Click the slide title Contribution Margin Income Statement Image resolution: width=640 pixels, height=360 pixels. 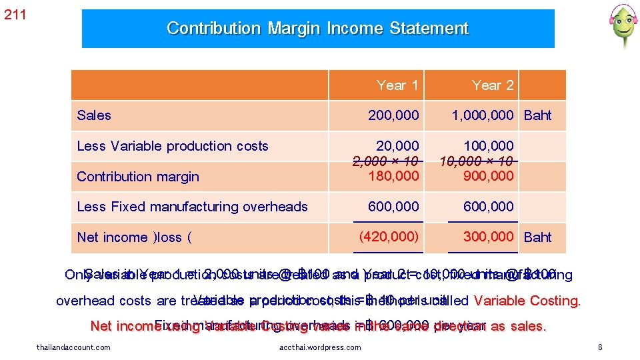click(x=317, y=29)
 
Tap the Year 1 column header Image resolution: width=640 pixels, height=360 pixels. click(x=397, y=85)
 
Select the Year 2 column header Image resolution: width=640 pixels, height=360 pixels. click(x=493, y=85)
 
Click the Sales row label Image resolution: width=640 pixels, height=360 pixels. click(x=94, y=115)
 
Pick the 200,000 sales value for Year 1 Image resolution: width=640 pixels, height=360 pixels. click(x=394, y=115)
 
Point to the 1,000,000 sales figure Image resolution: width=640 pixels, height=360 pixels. click(x=482, y=115)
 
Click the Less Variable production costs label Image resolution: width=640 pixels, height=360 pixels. click(x=172, y=146)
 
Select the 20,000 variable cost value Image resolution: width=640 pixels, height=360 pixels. click(x=398, y=145)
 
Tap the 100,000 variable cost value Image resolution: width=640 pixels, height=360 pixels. click(x=489, y=145)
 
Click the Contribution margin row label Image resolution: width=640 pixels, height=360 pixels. click(x=138, y=177)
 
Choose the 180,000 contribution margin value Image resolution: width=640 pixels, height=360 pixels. click(x=394, y=176)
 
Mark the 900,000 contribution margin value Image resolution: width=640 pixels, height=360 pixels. click(x=489, y=176)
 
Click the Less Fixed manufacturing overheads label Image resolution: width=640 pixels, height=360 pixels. click(x=192, y=207)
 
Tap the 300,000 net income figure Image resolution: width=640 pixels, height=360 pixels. click(x=489, y=237)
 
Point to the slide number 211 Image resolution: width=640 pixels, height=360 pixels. click(x=15, y=15)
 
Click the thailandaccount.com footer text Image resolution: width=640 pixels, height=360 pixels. click(x=73, y=347)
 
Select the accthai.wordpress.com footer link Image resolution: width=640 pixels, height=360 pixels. click(x=320, y=347)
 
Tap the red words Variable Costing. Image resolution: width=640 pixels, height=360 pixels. click(x=527, y=301)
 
